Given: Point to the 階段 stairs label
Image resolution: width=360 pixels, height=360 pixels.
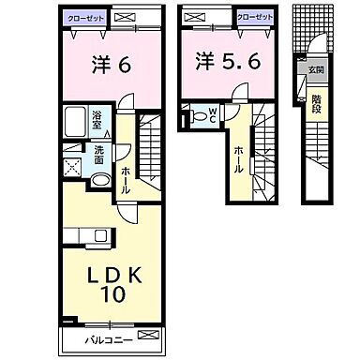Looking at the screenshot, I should (x=316, y=102).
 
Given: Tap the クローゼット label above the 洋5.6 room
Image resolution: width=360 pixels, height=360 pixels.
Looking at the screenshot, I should (x=254, y=16).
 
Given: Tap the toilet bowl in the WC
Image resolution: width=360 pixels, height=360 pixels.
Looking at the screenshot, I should (x=195, y=116).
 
